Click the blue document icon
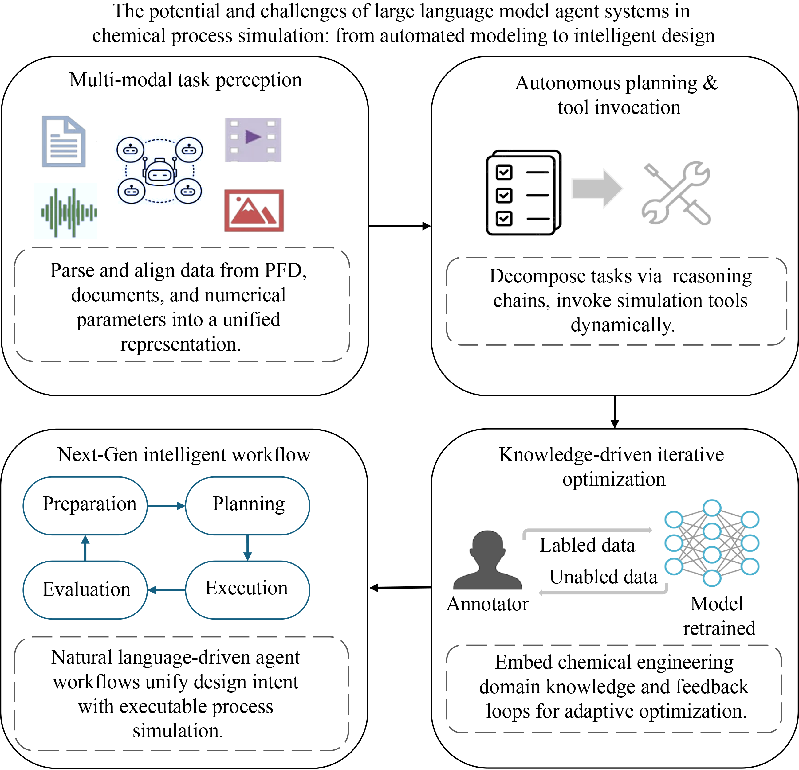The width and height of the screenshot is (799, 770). (64, 142)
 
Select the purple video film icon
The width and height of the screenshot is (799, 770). (253, 140)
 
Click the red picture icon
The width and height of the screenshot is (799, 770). (254, 211)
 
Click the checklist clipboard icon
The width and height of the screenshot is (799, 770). (523, 192)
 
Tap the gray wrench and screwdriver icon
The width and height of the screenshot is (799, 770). (677, 193)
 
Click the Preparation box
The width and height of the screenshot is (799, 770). (85, 505)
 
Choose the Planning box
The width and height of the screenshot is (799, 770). (247, 505)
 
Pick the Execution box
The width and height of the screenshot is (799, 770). (247, 589)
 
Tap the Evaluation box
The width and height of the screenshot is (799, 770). (85, 589)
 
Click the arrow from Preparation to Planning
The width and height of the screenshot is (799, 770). (166, 506)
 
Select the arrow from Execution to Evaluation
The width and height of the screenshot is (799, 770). (166, 590)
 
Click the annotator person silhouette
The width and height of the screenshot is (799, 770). (488, 560)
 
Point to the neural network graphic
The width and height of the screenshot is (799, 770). (712, 543)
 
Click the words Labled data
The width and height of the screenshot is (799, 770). (587, 545)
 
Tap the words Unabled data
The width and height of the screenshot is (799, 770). (603, 577)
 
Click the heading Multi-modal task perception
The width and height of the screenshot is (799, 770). (186, 80)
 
